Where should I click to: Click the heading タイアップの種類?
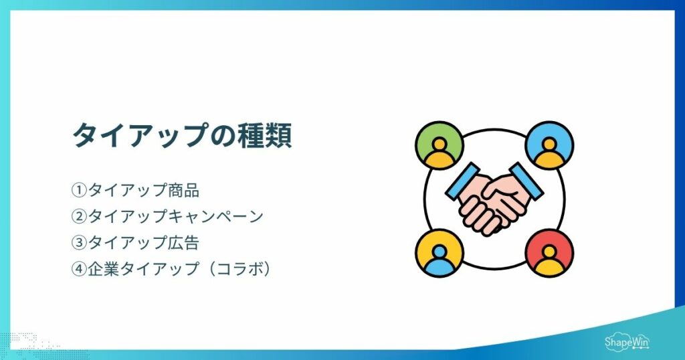click(x=182, y=135)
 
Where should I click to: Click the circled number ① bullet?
click(x=79, y=191)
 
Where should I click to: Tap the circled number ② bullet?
click(x=79, y=217)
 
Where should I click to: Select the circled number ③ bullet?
click(x=79, y=243)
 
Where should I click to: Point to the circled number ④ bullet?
click(x=79, y=269)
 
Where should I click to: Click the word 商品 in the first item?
click(x=183, y=191)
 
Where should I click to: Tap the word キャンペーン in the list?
click(x=215, y=217)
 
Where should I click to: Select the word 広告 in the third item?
click(x=183, y=243)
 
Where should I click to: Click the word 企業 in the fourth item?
click(x=103, y=269)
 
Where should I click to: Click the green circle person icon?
click(x=439, y=145)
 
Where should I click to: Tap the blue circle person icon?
click(x=549, y=145)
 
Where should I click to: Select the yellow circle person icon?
click(x=439, y=253)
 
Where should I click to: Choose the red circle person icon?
click(x=549, y=253)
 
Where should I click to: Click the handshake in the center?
click(x=494, y=199)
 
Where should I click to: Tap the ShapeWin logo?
click(x=627, y=342)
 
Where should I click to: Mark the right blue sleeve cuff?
click(x=526, y=181)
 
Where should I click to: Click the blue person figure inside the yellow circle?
click(x=439, y=260)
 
